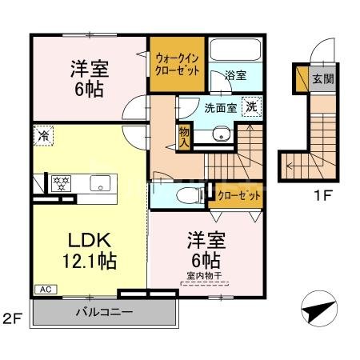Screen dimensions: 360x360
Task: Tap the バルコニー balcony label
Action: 103,311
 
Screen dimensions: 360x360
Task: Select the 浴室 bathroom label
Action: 234,75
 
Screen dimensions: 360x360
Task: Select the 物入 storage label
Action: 184,137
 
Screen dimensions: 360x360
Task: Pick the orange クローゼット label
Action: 236,194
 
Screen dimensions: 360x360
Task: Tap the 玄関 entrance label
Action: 322,78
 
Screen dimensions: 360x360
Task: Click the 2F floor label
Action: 11,319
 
